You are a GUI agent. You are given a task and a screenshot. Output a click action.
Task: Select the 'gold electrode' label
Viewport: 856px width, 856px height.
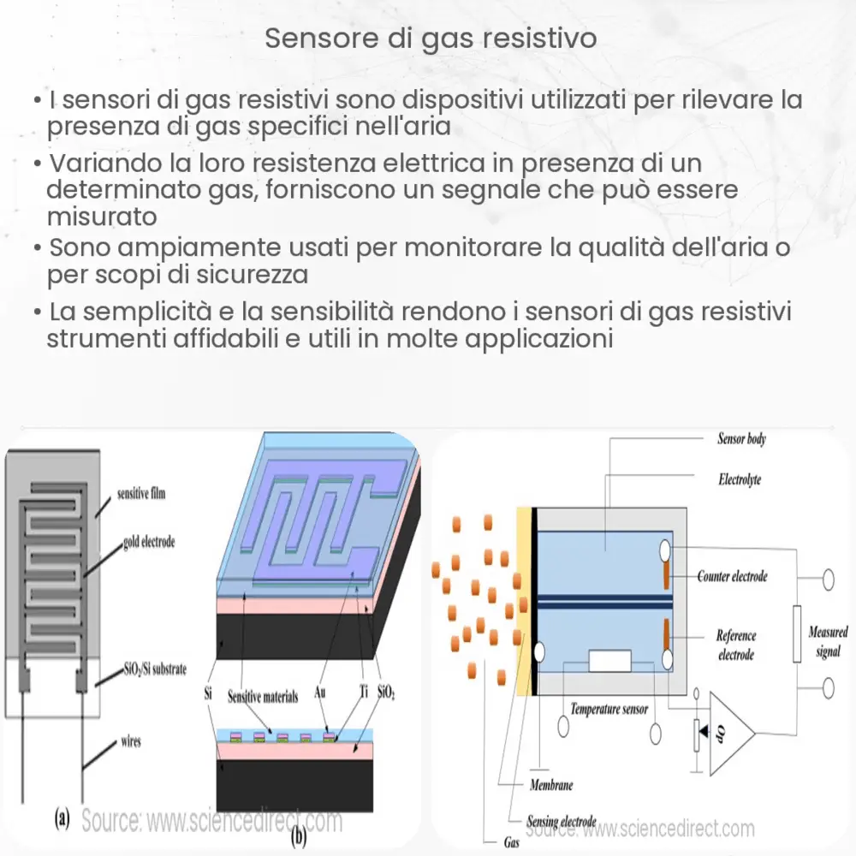pos(149,543)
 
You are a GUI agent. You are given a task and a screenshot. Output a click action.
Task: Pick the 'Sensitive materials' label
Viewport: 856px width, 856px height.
pos(263,697)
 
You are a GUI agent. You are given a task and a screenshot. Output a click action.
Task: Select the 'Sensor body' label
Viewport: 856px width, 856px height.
pos(741,439)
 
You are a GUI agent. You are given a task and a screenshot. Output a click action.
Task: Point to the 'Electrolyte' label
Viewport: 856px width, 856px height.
pos(740,479)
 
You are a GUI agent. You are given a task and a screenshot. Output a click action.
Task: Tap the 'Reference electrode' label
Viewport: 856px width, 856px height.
pos(735,645)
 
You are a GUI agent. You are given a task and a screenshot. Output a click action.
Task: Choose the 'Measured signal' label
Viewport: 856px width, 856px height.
pos(828,641)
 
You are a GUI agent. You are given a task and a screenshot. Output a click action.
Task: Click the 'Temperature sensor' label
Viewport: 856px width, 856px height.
pos(609,709)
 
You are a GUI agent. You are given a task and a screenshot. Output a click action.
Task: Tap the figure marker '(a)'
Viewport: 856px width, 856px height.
pos(62,818)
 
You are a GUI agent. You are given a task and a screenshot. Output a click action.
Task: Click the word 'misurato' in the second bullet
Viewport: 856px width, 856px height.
pos(102,216)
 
